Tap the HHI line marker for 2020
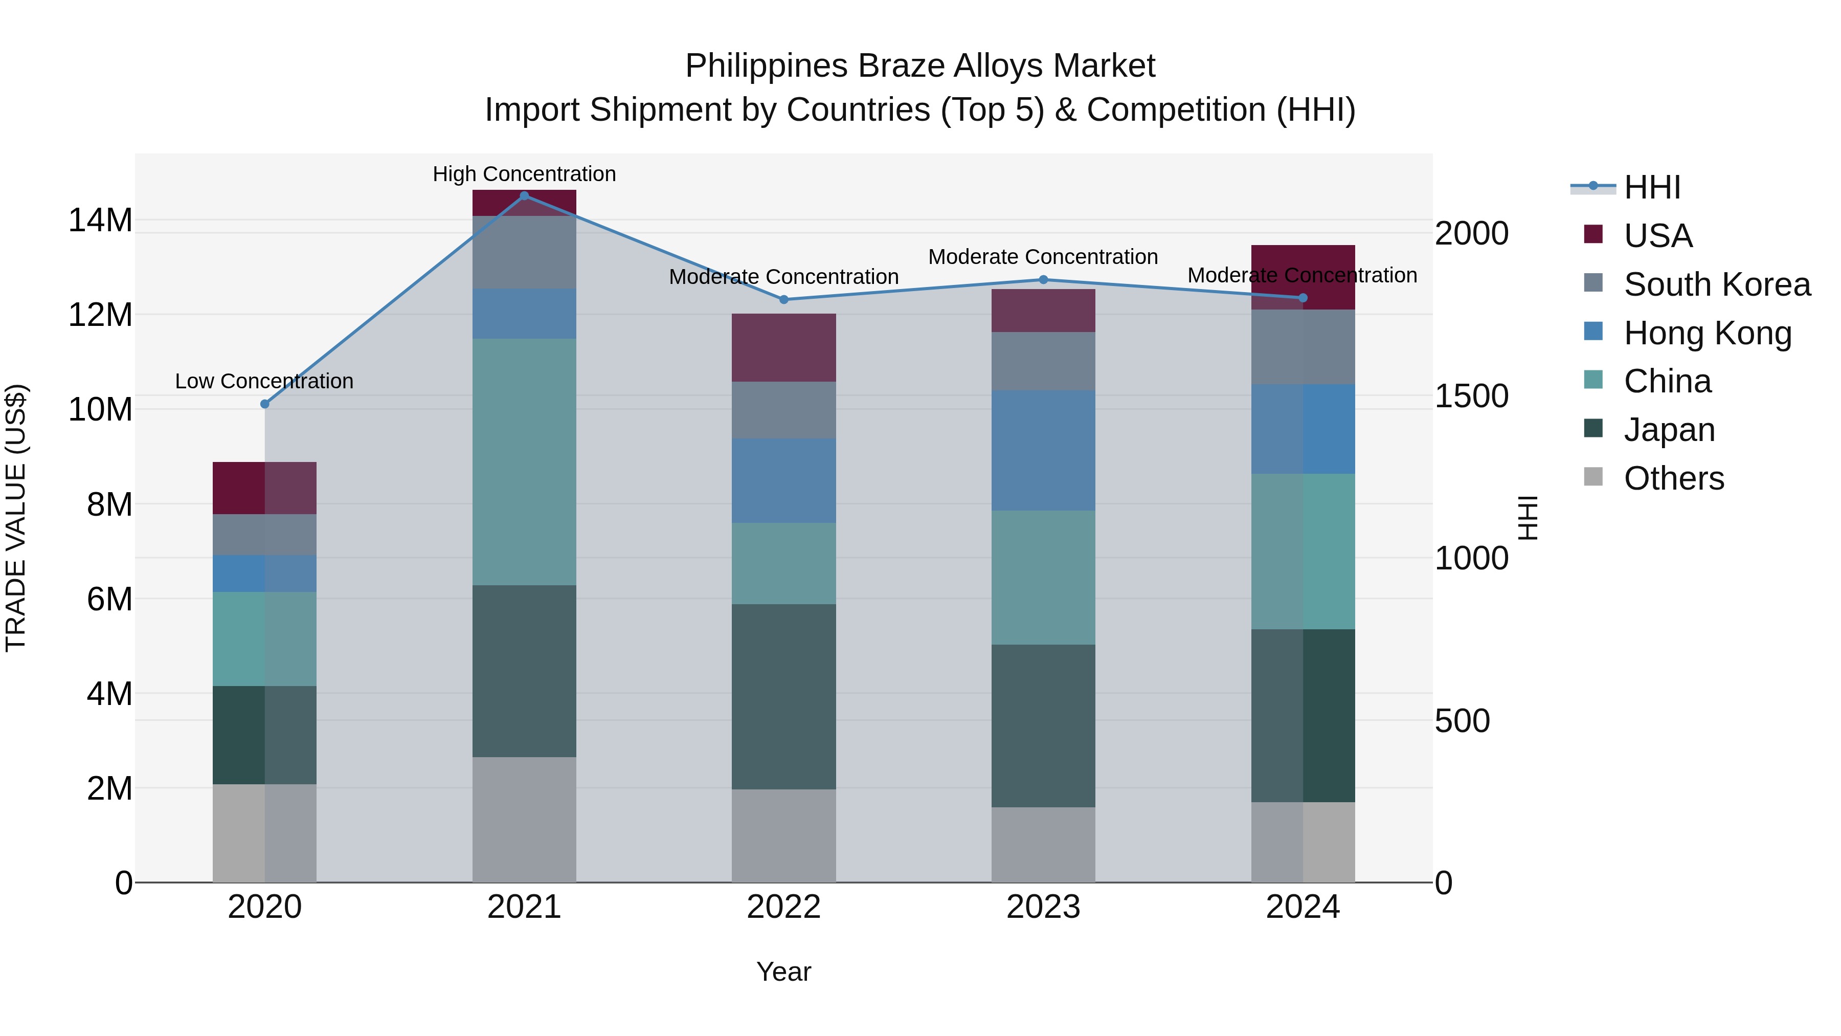pyautogui.click(x=264, y=404)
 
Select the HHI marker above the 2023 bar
pyautogui.click(x=1043, y=279)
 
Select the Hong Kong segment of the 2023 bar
pyautogui.click(x=1043, y=450)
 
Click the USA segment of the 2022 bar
pyautogui.click(x=783, y=347)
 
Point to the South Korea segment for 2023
pyautogui.click(x=1043, y=361)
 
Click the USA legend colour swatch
pyautogui.click(x=1593, y=234)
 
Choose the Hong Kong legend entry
pyautogui.click(x=1708, y=333)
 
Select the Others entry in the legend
pyautogui.click(x=1673, y=478)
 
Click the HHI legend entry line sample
pyautogui.click(x=1593, y=187)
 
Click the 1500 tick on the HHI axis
pyautogui.click(x=1471, y=396)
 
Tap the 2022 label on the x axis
pyautogui.click(x=783, y=907)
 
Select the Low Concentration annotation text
pyautogui.click(x=264, y=381)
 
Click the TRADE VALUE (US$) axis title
pyautogui.click(x=16, y=518)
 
